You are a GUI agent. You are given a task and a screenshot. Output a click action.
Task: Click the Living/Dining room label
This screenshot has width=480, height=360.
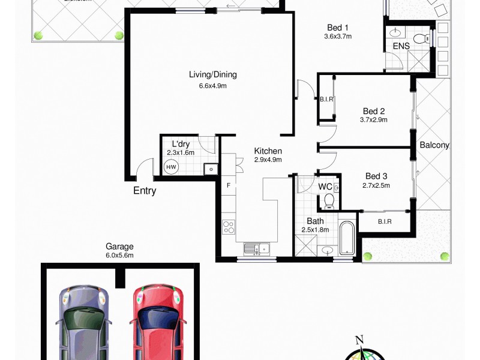click(x=213, y=75)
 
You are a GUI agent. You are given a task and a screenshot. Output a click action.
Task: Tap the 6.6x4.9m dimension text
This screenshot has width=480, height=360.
click(x=213, y=86)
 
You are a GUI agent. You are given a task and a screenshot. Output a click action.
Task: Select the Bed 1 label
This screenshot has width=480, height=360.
click(x=338, y=28)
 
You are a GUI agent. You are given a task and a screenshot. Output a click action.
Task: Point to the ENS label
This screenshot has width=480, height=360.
click(x=401, y=46)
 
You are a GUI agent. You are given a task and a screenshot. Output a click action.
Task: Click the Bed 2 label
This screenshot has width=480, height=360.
click(x=374, y=111)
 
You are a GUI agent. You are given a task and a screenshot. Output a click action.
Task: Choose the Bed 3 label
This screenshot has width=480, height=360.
click(x=376, y=176)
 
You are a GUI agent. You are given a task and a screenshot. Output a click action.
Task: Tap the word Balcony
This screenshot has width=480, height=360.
click(x=434, y=145)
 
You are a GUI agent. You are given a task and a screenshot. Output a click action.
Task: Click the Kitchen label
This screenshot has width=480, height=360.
click(x=268, y=151)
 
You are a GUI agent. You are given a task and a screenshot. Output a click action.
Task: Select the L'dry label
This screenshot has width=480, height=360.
click(x=181, y=144)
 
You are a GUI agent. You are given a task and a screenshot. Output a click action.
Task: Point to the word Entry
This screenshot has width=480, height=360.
click(x=145, y=191)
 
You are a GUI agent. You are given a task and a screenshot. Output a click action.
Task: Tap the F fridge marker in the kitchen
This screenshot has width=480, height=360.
click(x=228, y=185)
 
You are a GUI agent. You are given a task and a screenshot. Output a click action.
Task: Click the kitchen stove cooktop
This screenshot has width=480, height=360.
click(x=229, y=227)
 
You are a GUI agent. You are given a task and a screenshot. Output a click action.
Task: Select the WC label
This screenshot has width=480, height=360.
click(x=325, y=187)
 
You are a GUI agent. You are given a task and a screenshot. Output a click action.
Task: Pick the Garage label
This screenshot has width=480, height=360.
click(x=119, y=246)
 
